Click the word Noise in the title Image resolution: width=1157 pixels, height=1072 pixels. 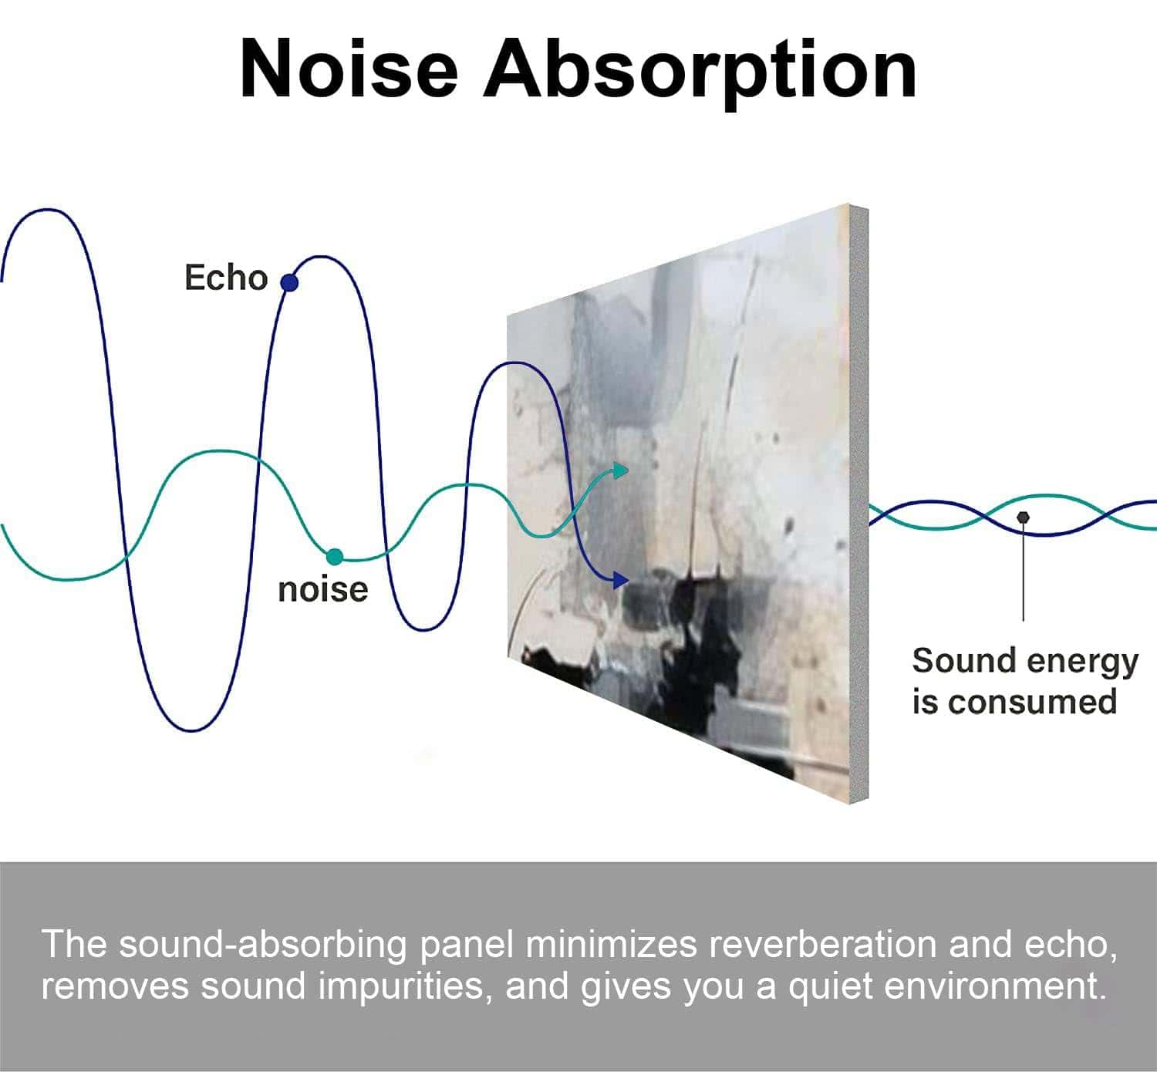click(x=349, y=69)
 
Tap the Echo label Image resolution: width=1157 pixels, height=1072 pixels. click(x=226, y=278)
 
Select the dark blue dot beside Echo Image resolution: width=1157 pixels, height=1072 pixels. click(x=289, y=282)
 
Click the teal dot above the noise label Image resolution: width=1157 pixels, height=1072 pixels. click(x=335, y=557)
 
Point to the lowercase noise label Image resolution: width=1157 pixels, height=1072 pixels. click(x=322, y=589)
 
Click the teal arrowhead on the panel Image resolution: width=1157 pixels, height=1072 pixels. click(x=621, y=470)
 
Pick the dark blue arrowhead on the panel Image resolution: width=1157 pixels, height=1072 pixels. click(x=621, y=580)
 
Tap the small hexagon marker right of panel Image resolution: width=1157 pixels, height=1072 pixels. click(x=1023, y=517)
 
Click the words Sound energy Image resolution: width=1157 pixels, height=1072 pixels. click(x=1025, y=662)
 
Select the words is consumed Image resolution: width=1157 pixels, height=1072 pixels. click(x=1014, y=702)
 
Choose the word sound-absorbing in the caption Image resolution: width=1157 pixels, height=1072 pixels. click(x=263, y=946)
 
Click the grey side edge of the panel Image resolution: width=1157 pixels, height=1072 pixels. click(x=858, y=504)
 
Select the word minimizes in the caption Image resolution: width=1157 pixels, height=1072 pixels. click(x=611, y=945)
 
